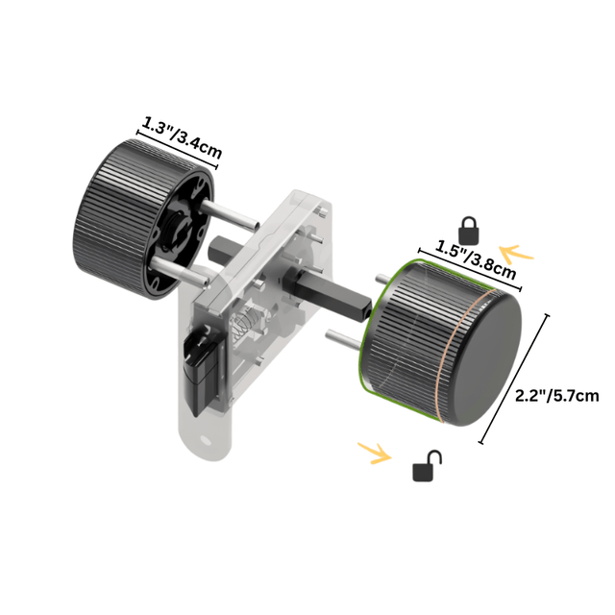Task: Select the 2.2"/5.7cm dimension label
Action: tap(556, 394)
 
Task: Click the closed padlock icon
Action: tap(469, 230)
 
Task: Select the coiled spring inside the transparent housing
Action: tap(246, 326)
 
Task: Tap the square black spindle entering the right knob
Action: tap(346, 299)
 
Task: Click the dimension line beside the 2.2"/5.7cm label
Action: tap(515, 379)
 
